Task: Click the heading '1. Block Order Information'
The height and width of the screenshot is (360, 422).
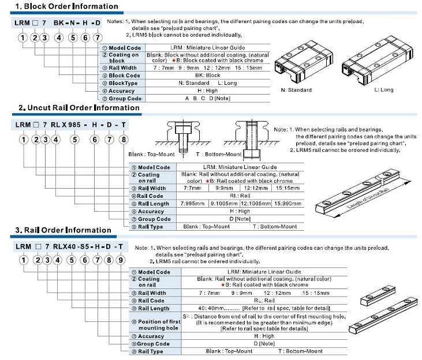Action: (67, 6)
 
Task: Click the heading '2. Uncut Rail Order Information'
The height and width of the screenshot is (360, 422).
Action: (79, 108)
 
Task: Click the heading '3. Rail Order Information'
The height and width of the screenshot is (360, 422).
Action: (64, 230)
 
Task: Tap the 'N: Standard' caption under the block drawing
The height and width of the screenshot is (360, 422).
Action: (296, 90)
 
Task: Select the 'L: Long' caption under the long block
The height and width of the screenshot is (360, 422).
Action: (384, 90)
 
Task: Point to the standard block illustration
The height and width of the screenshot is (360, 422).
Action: (304, 62)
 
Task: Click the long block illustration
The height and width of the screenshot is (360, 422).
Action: (378, 61)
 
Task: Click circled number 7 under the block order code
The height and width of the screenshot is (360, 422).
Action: (98, 37)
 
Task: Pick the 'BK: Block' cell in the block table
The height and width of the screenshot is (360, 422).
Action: (207, 76)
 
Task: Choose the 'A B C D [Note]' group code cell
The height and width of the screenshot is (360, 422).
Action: (207, 99)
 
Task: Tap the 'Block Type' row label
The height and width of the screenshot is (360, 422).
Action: (123, 83)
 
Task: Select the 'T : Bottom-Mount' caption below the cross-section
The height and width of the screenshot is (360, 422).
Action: (219, 155)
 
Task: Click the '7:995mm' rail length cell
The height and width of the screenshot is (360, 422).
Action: (192, 204)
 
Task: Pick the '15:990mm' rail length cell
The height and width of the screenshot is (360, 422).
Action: (287, 204)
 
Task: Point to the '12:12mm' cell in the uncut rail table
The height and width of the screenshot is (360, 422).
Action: (256, 188)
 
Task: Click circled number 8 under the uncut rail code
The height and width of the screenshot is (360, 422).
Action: (124, 140)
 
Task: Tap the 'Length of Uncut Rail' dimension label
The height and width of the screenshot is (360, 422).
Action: (368, 198)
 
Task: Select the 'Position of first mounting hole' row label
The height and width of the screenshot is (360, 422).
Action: (159, 325)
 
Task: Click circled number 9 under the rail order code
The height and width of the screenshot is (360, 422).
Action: (121, 260)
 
